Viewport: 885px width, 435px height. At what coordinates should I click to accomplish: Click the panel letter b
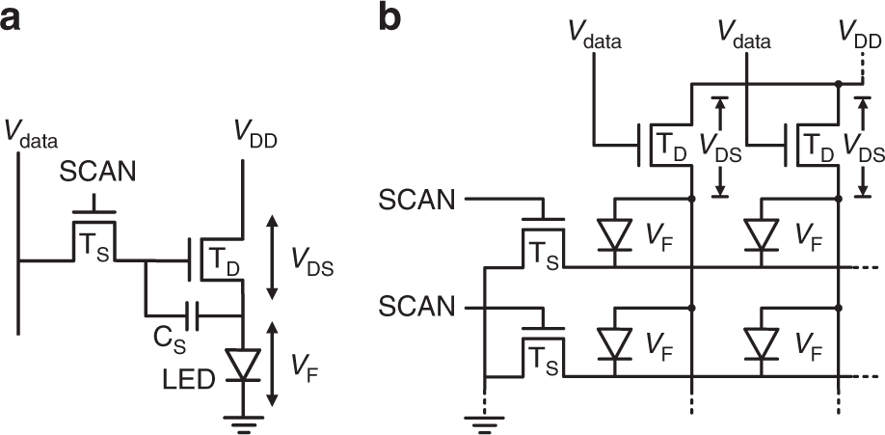coord(390,18)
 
